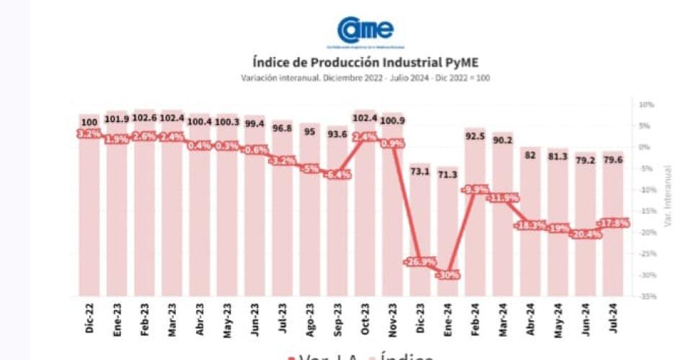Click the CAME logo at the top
pyautogui.click(x=366, y=30)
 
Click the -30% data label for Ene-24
pyautogui.click(x=448, y=275)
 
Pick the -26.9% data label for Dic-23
pyautogui.click(x=420, y=262)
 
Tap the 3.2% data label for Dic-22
pyautogui.click(x=89, y=133)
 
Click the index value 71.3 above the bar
pyautogui.click(x=448, y=174)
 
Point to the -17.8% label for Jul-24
pyautogui.click(x=613, y=223)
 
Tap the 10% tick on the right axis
pyautogui.click(x=645, y=105)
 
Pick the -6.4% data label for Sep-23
pyautogui.click(x=337, y=175)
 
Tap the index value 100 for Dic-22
pyautogui.click(x=89, y=123)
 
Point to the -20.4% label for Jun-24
pyautogui.click(x=585, y=234)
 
